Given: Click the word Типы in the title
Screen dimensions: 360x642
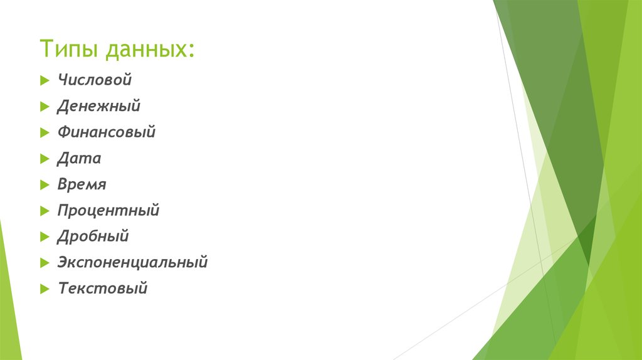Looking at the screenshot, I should point(69,49).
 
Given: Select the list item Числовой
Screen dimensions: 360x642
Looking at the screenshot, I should point(95,80).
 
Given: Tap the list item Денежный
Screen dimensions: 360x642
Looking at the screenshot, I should point(98,107).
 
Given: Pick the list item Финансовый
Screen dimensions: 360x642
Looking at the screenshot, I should point(106,132).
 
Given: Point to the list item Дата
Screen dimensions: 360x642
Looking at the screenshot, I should point(78,159).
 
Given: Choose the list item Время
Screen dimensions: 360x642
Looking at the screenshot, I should point(82,184).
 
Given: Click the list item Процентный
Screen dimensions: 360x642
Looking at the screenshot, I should point(108,211).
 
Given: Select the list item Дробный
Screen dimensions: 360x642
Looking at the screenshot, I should point(93,236).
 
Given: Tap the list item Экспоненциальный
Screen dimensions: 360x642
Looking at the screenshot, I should point(132,262).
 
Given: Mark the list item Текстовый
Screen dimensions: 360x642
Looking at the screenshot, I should point(102,289).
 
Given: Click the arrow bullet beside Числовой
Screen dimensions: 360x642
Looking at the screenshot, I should point(43,81).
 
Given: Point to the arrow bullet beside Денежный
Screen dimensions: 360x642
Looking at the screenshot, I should point(43,107).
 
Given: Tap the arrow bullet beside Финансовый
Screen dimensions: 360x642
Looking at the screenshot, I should point(43,133).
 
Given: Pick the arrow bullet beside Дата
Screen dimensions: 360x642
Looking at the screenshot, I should point(43,159).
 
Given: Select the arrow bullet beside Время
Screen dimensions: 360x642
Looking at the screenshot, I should point(43,185).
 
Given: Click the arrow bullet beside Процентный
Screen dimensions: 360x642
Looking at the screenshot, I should point(43,211).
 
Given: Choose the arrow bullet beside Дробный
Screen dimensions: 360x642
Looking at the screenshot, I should point(43,237).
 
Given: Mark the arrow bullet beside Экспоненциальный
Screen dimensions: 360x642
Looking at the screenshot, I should point(43,263).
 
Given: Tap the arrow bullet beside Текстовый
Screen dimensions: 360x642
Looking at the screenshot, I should point(43,289).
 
